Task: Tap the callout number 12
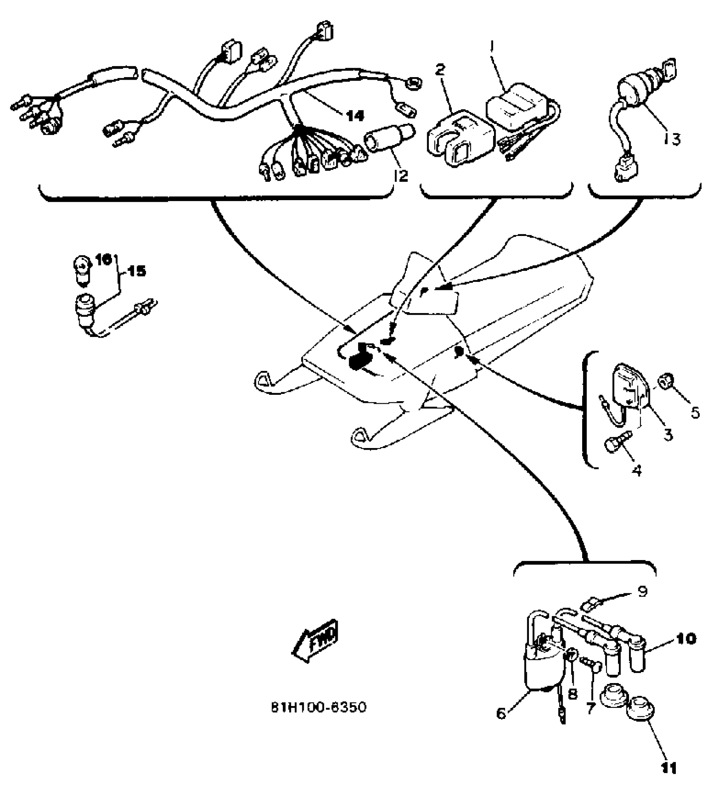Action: (400, 175)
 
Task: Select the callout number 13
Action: (672, 139)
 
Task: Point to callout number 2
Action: (440, 70)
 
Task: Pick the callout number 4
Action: (637, 470)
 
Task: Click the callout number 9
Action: (643, 591)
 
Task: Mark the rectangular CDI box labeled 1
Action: (515, 106)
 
